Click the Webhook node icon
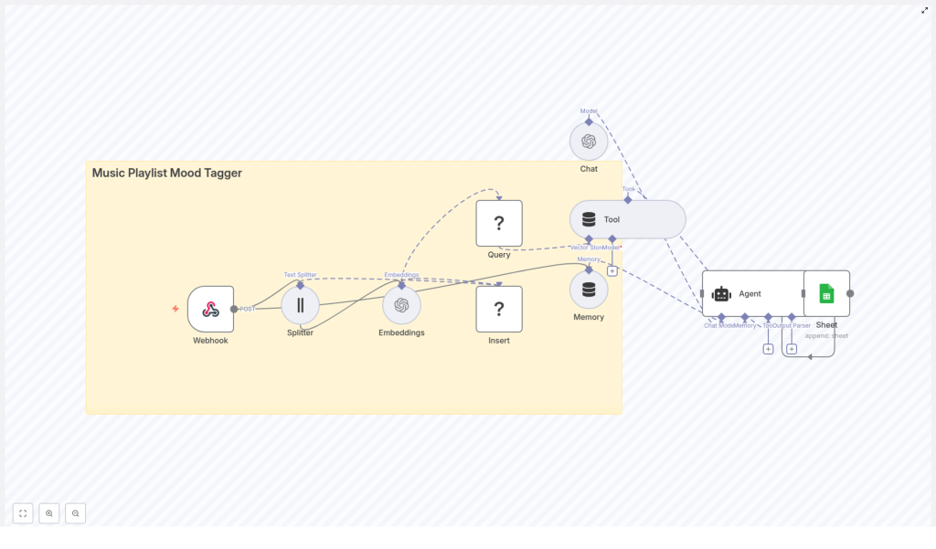point(210,309)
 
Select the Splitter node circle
point(300,305)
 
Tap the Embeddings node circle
point(401,305)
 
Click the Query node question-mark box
point(499,223)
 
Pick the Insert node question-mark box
point(499,309)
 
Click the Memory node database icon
point(589,290)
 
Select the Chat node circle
point(589,142)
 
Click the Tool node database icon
point(589,219)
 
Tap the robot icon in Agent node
point(721,293)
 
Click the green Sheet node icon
point(826,293)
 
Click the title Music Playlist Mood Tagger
point(167,173)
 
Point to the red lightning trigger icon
point(175,309)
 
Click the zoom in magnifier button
point(49,513)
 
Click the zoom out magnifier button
point(76,513)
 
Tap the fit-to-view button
point(23,513)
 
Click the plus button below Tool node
point(612,270)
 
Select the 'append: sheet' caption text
point(826,335)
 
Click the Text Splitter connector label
point(300,274)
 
